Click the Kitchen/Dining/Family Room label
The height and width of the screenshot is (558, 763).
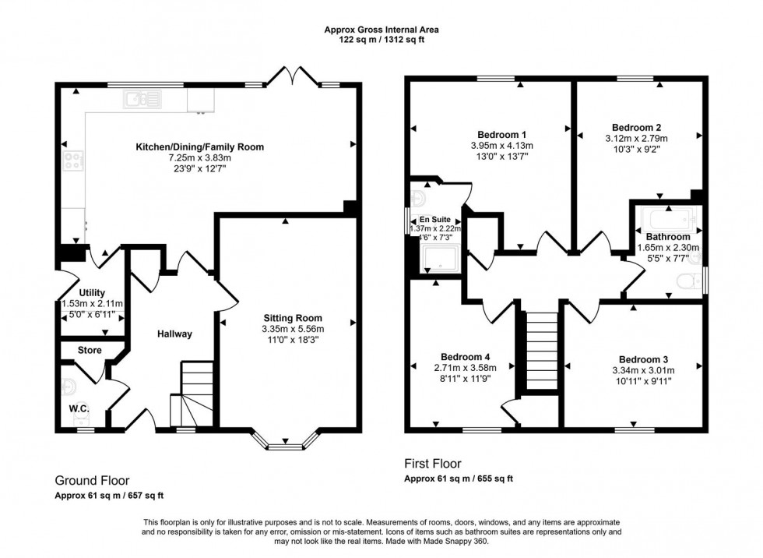[200, 147]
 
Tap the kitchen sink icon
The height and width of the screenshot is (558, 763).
[142, 98]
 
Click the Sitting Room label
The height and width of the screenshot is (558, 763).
[292, 318]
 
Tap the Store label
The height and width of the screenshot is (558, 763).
[90, 351]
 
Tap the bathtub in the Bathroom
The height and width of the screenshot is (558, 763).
[667, 217]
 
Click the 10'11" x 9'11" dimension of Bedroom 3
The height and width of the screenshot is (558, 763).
[636, 382]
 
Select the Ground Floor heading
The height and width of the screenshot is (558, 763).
[92, 481]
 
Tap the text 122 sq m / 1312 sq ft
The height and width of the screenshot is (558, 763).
[381, 40]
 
